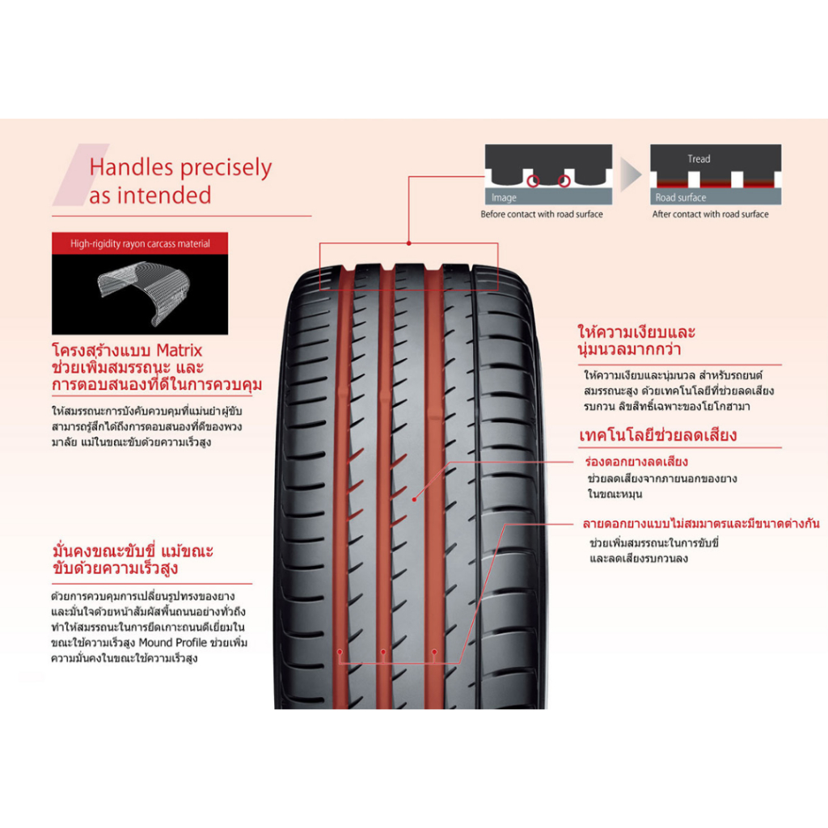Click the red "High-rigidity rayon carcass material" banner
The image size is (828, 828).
tap(140, 243)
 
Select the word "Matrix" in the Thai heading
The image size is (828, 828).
tap(179, 351)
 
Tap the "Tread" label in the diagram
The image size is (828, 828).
tap(699, 159)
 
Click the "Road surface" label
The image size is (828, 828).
tap(680, 197)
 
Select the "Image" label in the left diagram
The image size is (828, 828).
tap(504, 198)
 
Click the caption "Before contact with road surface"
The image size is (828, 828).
tap(541, 214)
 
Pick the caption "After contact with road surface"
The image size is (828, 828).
tap(710, 214)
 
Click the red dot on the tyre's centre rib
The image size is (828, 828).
tap(415, 499)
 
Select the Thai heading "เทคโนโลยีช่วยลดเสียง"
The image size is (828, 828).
tap(657, 435)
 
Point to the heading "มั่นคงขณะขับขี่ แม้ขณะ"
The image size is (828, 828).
tap(132, 551)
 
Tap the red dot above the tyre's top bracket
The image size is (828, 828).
tap(409, 242)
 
